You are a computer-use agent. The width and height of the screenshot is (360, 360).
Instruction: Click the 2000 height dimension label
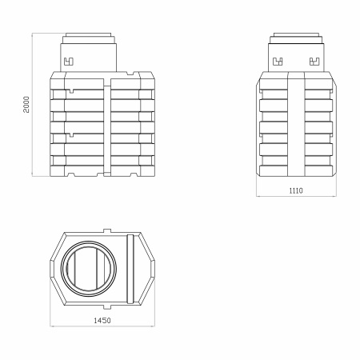coord(26,105)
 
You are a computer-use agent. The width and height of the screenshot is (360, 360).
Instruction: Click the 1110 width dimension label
coord(296,190)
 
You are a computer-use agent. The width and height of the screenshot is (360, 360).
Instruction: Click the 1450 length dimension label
coord(102,320)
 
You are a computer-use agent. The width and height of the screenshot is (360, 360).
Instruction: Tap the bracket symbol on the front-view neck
coord(69,62)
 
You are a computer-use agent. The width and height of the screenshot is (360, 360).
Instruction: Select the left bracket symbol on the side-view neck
coord(278,62)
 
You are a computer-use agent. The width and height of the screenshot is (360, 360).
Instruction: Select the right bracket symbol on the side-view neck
coord(314,62)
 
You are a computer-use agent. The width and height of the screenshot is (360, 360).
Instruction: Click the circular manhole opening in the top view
coord(89,269)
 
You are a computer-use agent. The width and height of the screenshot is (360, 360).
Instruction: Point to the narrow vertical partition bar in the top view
coord(130,269)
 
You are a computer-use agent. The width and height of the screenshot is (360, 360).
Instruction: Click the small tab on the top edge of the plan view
coord(107,230)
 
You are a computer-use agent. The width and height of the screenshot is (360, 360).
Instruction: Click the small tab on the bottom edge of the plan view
coord(107,307)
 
